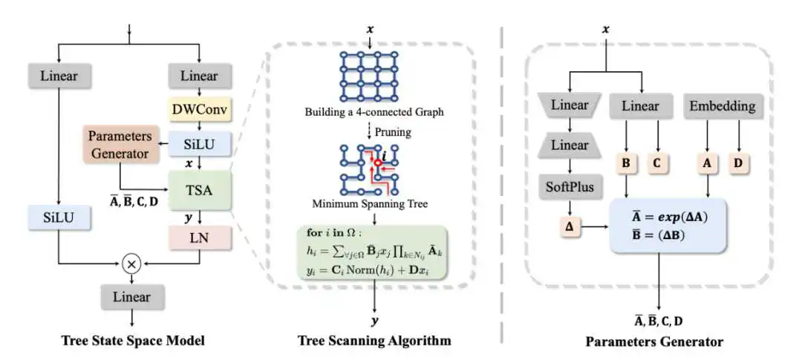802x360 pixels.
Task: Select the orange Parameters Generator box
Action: pyautogui.click(x=120, y=145)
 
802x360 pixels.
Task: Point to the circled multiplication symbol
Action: pyautogui.click(x=133, y=263)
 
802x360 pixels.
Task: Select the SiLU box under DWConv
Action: pyautogui.click(x=199, y=143)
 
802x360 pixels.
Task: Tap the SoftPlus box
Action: pyautogui.click(x=570, y=187)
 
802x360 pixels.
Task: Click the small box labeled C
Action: pyautogui.click(x=657, y=161)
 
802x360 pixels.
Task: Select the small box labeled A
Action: pyautogui.click(x=705, y=161)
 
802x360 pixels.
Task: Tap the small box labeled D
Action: pyautogui.click(x=737, y=161)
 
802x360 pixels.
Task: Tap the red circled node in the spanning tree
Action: pyautogui.click(x=378, y=162)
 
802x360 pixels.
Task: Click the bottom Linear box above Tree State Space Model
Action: pyautogui.click(x=133, y=298)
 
